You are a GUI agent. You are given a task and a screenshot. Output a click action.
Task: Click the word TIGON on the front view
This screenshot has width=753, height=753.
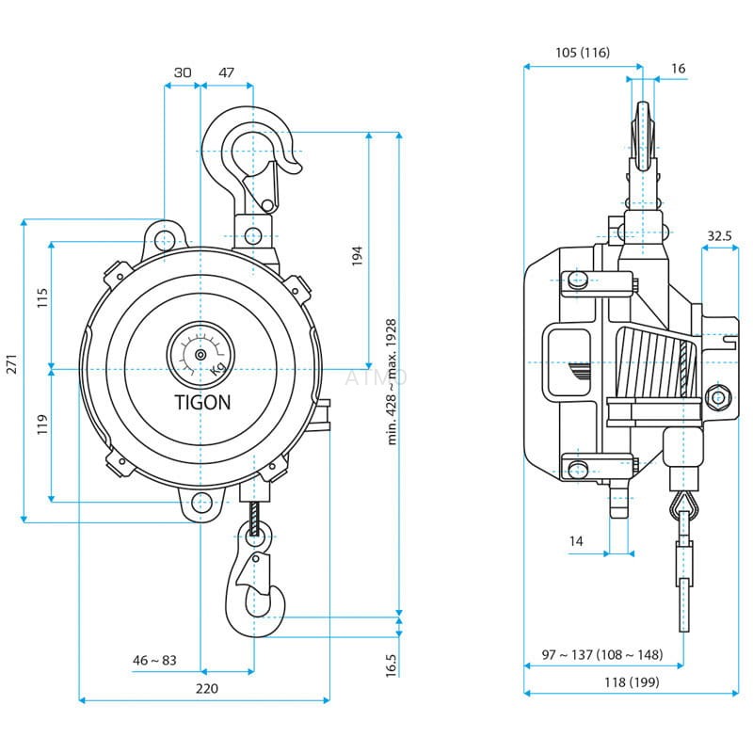pos(202,401)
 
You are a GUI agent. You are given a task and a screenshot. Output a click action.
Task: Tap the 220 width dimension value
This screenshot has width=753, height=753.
pos(206,688)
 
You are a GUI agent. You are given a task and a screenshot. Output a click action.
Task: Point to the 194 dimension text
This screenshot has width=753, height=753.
pos(357,254)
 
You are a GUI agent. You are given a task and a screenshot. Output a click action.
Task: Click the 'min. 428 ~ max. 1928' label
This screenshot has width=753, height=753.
pos(392,381)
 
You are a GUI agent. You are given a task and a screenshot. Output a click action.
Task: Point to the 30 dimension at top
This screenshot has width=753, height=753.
pos(183,72)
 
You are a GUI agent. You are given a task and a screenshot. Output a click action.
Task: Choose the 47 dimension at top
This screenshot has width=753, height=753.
pos(226,72)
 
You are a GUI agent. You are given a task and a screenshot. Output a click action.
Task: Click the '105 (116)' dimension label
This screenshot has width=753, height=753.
pos(583,53)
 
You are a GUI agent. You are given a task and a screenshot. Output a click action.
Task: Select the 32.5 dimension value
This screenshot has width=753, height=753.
pos(719,235)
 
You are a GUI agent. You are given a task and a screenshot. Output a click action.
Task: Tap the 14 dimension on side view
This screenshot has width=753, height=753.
pos(577,540)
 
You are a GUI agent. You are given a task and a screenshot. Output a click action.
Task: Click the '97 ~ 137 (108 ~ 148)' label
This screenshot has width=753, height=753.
pos(602,654)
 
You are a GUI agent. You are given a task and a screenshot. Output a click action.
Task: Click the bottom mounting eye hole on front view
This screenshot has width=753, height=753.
pos(200,504)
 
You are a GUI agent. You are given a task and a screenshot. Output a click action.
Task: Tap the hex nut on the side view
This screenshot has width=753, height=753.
pos(718,397)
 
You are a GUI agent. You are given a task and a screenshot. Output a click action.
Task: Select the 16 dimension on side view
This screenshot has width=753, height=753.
pos(678,68)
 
